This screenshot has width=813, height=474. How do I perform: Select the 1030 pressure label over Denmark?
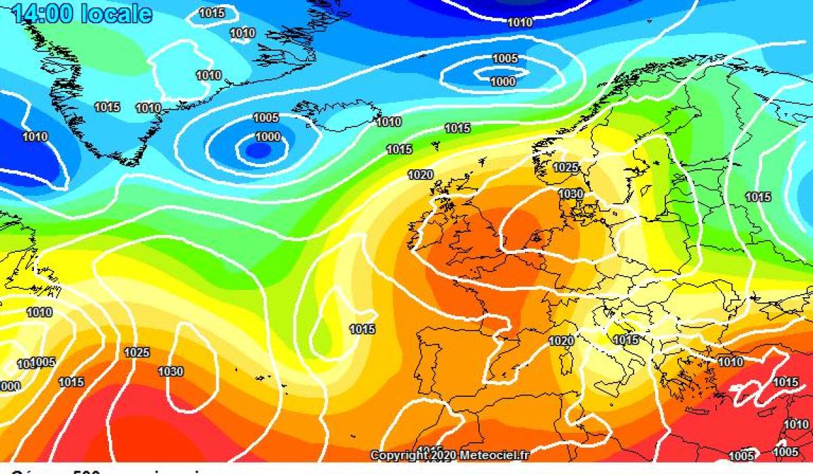tap(570, 194)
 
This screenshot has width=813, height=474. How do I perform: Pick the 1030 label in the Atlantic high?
tap(170, 371)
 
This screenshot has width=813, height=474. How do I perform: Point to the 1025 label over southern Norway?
tap(566, 167)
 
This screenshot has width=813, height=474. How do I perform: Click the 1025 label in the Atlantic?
tap(137, 353)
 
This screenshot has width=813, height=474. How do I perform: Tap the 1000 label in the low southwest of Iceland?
tap(268, 137)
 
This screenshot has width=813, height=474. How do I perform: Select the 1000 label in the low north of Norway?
tap(503, 82)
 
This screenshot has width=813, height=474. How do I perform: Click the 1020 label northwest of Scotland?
tap(420, 175)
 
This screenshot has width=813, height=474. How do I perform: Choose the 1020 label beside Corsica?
tap(562, 341)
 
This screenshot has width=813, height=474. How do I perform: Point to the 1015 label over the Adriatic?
tap(625, 340)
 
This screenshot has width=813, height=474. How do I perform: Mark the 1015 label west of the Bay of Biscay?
tap(362, 330)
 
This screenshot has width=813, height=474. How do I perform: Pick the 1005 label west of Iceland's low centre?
tap(266, 118)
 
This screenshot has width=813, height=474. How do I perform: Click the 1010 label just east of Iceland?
tap(388, 123)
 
